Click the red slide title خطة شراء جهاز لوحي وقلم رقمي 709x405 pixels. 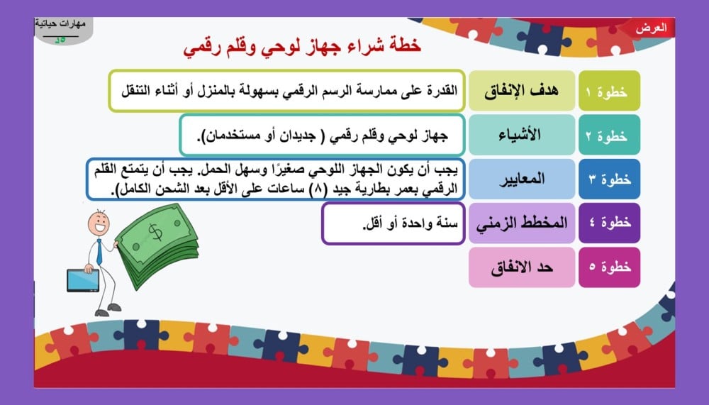click(x=302, y=47)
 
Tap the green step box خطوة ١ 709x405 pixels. click(x=609, y=91)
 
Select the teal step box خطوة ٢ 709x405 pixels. click(x=609, y=135)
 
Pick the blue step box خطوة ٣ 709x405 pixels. click(x=609, y=179)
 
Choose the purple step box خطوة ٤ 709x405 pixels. click(x=609, y=223)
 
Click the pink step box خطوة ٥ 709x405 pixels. click(x=609, y=267)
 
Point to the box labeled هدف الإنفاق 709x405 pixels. click(x=522, y=91)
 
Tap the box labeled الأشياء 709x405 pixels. click(x=522, y=135)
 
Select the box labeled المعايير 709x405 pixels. click(x=522, y=179)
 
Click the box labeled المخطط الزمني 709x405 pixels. click(x=522, y=223)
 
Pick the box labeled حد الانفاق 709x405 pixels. click(x=522, y=267)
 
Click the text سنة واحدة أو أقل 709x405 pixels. click(x=410, y=223)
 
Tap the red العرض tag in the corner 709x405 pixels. click(x=651, y=28)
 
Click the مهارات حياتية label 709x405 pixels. click(x=60, y=23)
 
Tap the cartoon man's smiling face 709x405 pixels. click(x=99, y=223)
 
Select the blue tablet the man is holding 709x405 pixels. click(x=83, y=280)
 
